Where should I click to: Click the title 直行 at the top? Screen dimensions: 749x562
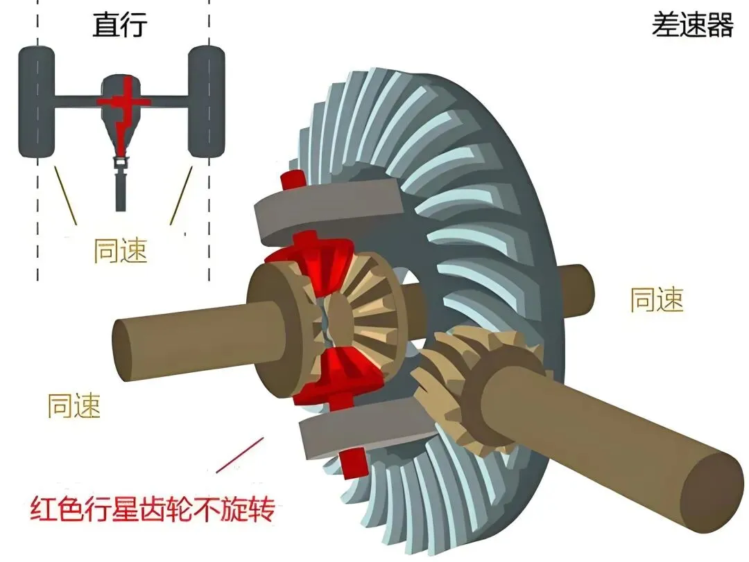point(119,26)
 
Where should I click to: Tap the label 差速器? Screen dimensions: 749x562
point(692,26)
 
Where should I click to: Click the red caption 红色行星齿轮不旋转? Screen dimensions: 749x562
point(153,511)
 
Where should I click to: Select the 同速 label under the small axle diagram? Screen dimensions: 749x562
point(121,251)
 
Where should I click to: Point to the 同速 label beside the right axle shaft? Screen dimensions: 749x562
point(657,300)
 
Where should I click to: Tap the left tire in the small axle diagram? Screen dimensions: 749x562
point(36,102)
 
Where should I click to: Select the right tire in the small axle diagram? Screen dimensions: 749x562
point(206,102)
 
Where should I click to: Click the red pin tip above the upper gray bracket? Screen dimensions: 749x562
point(292,179)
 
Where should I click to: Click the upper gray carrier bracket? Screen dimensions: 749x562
point(326,207)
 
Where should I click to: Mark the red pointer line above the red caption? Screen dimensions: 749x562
point(239,454)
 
